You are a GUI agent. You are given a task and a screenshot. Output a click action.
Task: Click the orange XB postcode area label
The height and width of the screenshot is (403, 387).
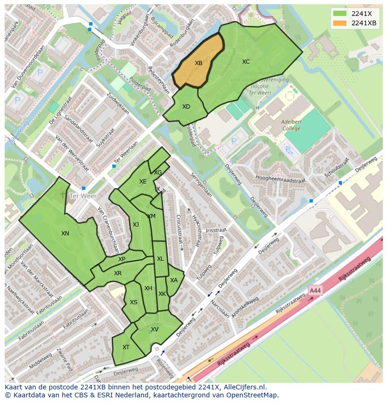click(199, 63)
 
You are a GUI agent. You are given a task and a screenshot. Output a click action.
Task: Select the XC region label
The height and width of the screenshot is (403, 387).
click(246, 61)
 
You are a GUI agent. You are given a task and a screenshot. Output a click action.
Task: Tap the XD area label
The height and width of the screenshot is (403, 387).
click(186, 107)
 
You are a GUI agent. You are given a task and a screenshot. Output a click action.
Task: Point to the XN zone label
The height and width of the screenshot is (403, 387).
click(65, 233)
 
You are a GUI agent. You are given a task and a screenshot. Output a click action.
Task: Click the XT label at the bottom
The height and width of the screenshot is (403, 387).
click(126, 347)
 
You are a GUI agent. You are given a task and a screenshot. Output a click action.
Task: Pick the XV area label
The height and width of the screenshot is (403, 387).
click(155, 329)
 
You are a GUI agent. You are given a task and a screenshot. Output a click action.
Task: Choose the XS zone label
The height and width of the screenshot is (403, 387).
click(134, 302)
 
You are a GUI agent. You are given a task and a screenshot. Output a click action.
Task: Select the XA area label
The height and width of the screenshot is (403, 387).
click(174, 280)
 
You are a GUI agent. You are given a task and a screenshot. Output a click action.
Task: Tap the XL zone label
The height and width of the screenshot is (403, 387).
click(160, 259)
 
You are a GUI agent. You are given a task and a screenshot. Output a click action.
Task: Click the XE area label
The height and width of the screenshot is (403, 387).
click(143, 182)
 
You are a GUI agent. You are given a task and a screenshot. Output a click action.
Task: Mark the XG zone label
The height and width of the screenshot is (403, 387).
click(158, 173)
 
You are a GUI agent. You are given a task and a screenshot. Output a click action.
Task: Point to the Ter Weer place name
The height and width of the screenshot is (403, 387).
click(82, 196)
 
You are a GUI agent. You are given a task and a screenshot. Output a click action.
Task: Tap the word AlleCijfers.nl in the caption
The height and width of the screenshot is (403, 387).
click(243, 387)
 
